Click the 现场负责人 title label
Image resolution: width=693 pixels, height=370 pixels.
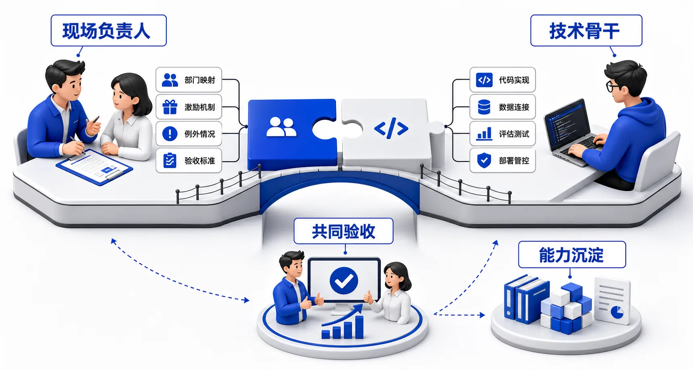(x=109, y=31)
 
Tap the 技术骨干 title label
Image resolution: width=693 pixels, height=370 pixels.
(x=586, y=31)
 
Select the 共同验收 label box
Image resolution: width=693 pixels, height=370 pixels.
(x=343, y=231)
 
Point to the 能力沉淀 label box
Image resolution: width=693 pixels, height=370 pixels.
(x=572, y=255)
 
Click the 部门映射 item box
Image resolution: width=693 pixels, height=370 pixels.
(x=189, y=80)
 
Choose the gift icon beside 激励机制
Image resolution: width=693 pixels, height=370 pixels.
(x=170, y=107)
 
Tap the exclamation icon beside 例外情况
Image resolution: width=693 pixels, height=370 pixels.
(x=170, y=134)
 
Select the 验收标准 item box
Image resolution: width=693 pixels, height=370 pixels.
(x=189, y=161)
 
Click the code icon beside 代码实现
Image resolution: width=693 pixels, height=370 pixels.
(x=484, y=80)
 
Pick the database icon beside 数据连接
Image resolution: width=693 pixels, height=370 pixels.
(x=484, y=107)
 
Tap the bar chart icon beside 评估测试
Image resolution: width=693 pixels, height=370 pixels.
(x=484, y=134)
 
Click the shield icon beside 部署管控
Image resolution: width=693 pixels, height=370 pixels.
(x=484, y=161)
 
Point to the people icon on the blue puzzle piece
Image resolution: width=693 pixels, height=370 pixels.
(x=281, y=127)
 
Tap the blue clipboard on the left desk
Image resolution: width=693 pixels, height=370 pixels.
(x=94, y=167)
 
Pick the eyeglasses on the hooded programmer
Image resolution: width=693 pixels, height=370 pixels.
(x=613, y=86)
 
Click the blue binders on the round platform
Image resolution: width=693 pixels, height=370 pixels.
(x=526, y=299)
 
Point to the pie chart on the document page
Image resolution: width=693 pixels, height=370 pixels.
(x=617, y=312)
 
